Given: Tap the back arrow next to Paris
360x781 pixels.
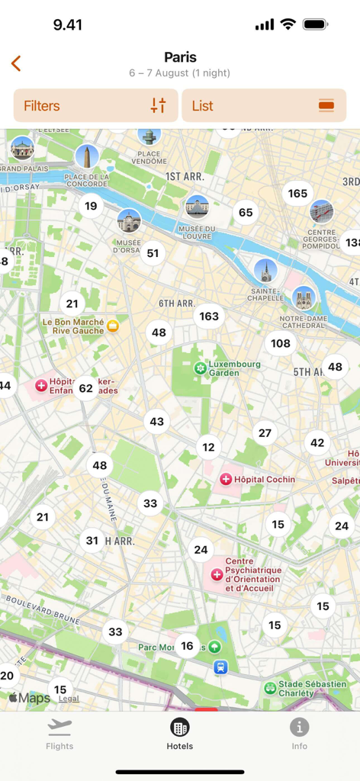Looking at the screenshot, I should coord(16,63).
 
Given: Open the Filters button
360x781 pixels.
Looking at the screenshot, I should coord(95,106).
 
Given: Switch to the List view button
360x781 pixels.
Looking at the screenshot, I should coord(264,106).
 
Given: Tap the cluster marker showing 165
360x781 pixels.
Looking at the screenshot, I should coord(297,194).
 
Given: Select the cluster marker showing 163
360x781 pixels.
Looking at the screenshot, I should coord(209,316).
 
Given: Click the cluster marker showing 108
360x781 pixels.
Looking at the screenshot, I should coord(281,343).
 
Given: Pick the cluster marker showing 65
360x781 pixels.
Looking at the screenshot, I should coord(246,213).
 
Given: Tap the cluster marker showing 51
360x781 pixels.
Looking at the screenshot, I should coord(153,253).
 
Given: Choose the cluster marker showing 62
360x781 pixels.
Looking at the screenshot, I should coord(85,388).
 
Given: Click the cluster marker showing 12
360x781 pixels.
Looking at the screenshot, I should coord(208,447).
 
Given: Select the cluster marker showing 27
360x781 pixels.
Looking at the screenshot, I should coord(265,433).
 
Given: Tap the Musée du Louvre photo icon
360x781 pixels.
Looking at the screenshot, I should coord(197,207).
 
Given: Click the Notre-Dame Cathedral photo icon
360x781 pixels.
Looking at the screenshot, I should coord(304,297).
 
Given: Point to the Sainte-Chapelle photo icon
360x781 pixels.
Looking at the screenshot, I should coord(265,270).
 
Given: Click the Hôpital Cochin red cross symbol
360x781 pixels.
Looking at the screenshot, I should coord(226,480).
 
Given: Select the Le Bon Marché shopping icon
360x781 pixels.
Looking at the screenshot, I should coord(114,326).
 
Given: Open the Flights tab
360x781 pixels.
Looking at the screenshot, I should coord(59,734).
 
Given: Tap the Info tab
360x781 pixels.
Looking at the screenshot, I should coord(299,734).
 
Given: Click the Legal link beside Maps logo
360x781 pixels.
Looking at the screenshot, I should coord(69,699).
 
